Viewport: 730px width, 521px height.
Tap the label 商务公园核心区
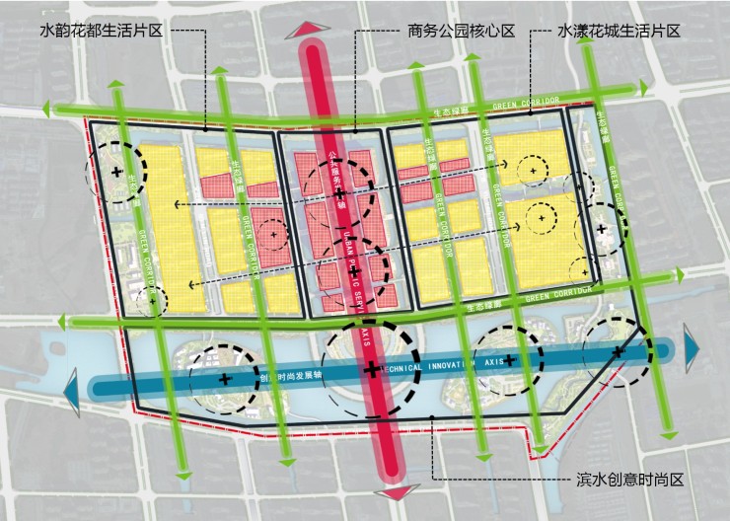461,31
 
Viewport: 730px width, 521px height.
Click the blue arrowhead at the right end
692,347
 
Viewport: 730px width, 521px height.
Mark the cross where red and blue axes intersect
371,370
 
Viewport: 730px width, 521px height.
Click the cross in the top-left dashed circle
117,172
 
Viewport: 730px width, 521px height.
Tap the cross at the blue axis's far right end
618,351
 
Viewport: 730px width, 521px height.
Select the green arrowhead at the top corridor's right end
644,89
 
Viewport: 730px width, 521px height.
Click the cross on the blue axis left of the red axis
224,378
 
